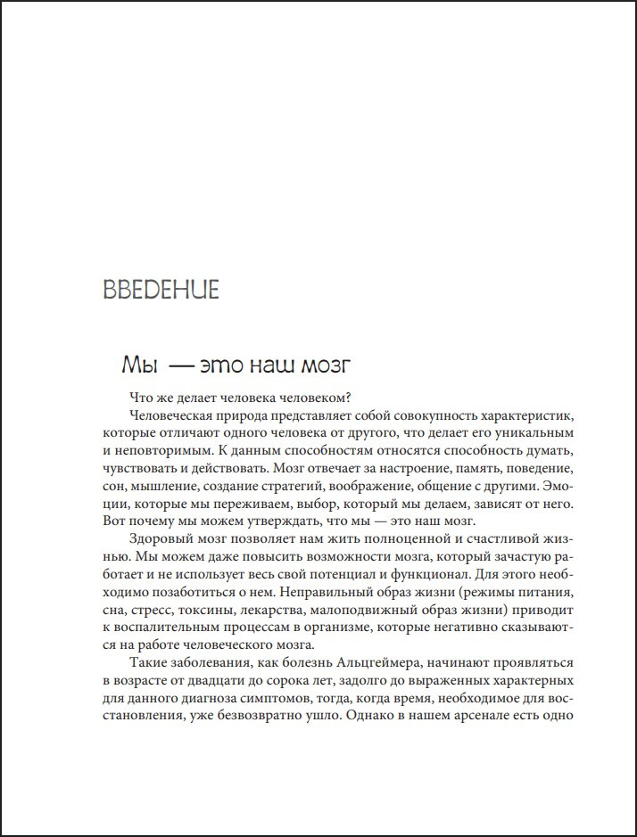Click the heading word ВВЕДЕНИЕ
(161, 291)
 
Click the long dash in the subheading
(179, 365)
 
